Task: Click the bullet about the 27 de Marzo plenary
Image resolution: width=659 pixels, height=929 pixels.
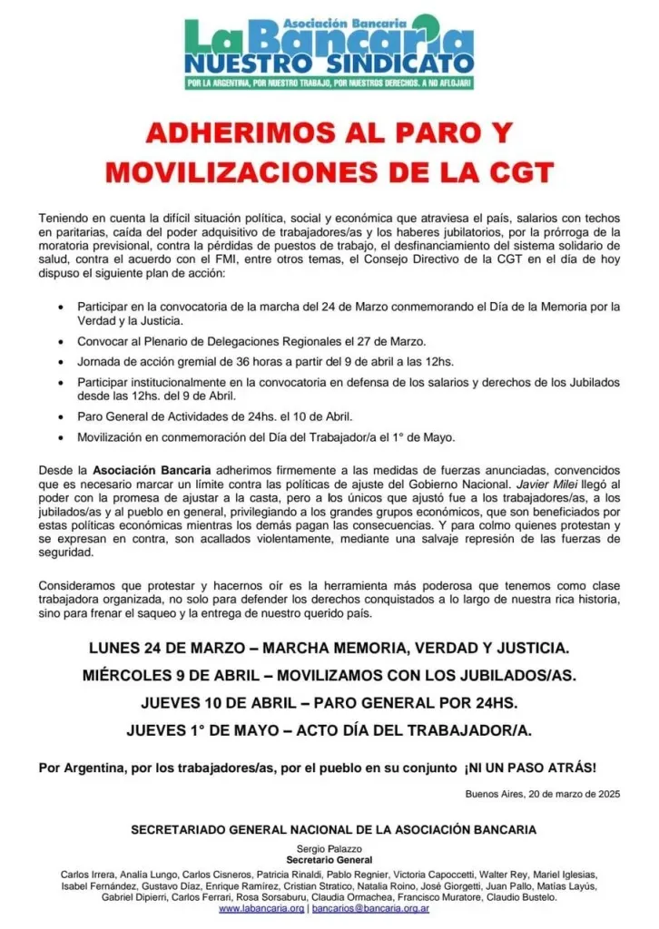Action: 251,342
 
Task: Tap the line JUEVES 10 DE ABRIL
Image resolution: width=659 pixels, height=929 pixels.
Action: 329,702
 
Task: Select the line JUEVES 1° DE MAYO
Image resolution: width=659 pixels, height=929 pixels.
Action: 329,729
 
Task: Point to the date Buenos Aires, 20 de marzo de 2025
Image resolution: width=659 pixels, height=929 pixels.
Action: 542,794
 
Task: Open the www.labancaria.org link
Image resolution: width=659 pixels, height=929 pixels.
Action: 261,908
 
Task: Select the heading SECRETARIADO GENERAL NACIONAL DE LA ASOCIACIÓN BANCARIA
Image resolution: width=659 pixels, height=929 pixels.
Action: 333,828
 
